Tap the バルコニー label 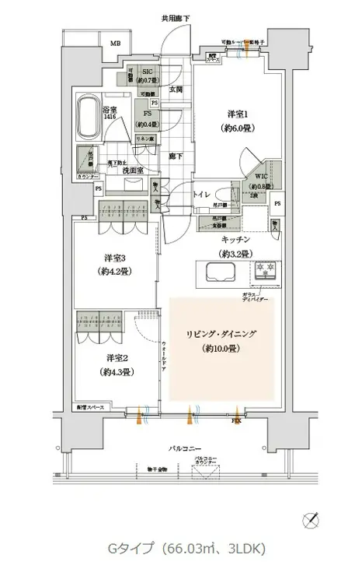(183, 449)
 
